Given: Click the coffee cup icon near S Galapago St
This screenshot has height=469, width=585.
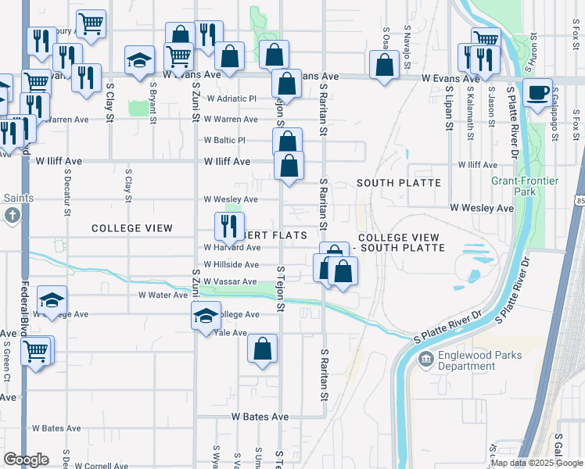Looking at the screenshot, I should (538, 93).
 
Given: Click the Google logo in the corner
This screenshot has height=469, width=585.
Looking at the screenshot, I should (26, 460).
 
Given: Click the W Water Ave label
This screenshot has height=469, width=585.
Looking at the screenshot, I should (164, 295).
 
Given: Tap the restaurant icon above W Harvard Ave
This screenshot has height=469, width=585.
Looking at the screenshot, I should (229, 227).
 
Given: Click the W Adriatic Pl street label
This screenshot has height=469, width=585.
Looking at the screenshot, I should (231, 99).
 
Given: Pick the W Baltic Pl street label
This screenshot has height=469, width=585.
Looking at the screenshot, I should (225, 141).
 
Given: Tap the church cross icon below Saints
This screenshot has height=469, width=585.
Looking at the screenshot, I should (12, 215).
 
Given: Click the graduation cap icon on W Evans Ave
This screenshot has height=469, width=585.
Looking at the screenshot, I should (139, 62).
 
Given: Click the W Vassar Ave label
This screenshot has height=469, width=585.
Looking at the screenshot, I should (230, 281).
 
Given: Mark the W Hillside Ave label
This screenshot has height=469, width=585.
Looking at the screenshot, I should (231, 265).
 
